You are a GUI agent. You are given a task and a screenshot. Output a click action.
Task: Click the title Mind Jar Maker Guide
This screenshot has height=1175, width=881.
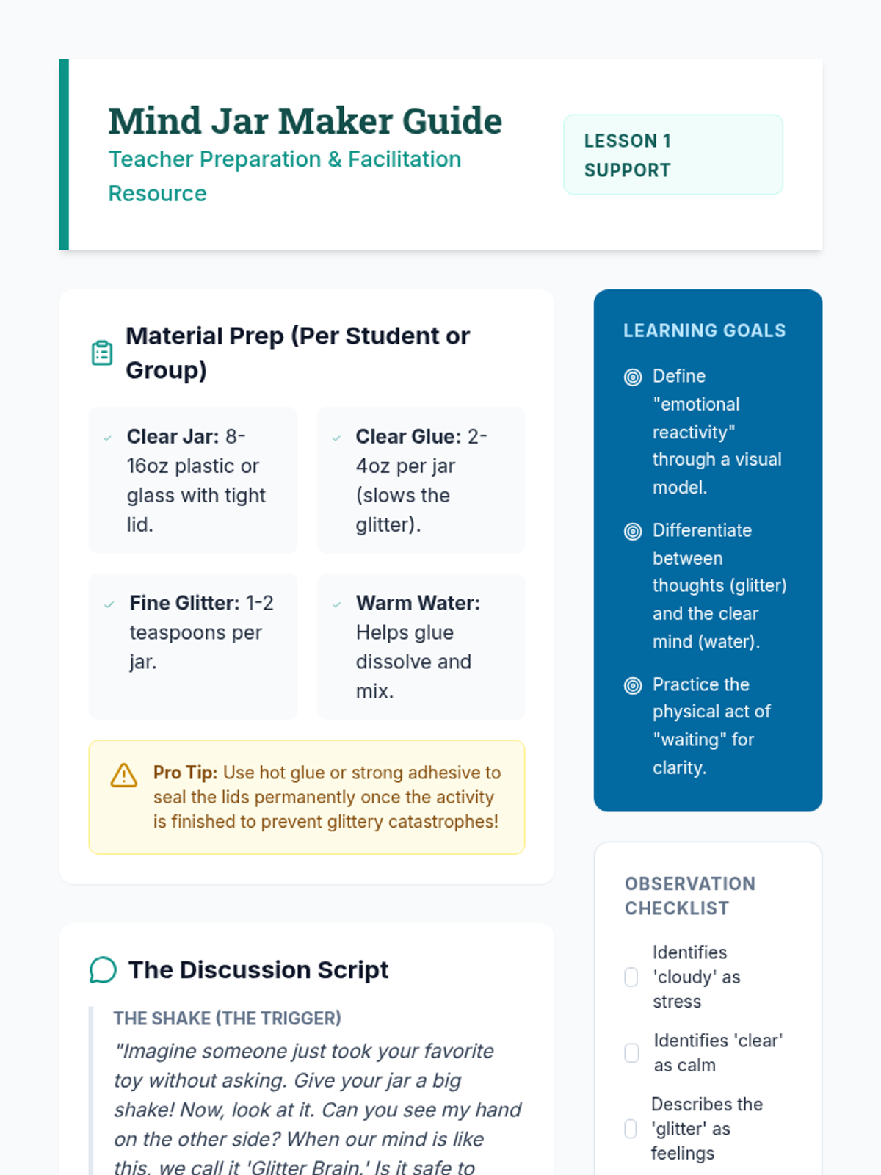305,121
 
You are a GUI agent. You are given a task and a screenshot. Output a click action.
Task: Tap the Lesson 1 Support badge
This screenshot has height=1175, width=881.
672,155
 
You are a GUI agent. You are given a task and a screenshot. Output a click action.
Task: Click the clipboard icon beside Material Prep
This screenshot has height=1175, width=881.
102,353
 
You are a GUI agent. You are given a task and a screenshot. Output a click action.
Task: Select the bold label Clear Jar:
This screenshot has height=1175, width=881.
173,436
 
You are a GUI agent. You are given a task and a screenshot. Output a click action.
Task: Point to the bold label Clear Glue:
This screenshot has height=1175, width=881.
408,436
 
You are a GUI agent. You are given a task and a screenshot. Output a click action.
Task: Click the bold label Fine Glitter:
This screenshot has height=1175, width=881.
184,603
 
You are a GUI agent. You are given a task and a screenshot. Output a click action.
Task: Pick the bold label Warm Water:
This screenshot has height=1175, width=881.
418,603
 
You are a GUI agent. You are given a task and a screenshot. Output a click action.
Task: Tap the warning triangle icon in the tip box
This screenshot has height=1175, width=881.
124,775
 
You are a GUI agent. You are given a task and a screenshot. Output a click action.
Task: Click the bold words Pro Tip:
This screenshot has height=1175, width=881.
185,773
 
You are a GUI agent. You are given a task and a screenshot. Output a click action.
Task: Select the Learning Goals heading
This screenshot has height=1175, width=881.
704,330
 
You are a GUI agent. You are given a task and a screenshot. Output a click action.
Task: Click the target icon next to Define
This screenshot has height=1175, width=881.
633,377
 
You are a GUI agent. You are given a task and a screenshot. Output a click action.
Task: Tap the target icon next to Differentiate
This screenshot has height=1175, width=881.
633,532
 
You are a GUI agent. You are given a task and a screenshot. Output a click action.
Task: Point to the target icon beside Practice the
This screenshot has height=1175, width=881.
633,686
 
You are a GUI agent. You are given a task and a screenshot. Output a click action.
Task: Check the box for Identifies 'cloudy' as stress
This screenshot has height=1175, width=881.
631,977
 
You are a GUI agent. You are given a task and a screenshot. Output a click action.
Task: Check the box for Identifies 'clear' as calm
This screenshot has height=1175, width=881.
631,1053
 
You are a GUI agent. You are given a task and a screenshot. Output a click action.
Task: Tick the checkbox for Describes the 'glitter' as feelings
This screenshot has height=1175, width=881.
631,1129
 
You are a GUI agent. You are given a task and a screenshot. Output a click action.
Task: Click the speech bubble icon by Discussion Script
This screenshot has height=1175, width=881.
104,970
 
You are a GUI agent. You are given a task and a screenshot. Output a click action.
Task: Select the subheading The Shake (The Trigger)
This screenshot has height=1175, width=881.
227,1019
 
